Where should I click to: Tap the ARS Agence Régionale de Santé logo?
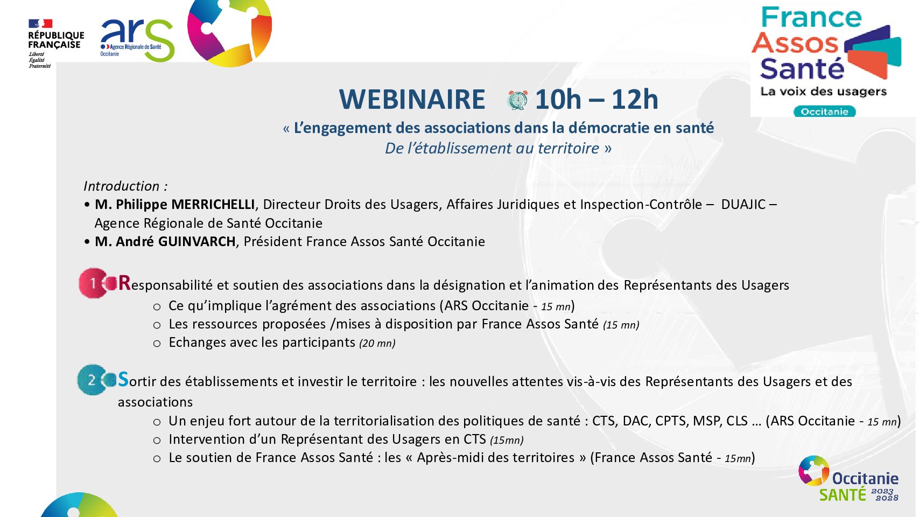pos(137,40)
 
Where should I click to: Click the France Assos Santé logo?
pos(825,61)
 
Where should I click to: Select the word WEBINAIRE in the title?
pos(412,100)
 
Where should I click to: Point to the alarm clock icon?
pos(518,100)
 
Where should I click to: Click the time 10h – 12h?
pos(597,100)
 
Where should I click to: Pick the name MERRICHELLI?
pos(213,204)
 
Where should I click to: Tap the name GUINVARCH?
pos(197,242)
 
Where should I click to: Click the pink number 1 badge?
pos(93,283)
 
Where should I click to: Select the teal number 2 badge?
pos(92,380)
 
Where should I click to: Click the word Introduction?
pos(122,186)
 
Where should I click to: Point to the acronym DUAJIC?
pos(743,204)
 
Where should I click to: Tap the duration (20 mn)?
pos(377,343)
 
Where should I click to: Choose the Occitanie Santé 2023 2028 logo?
pos(848,479)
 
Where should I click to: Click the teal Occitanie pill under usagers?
pos(825,111)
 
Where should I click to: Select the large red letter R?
pos(124,283)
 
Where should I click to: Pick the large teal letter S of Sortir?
pos(123,379)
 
